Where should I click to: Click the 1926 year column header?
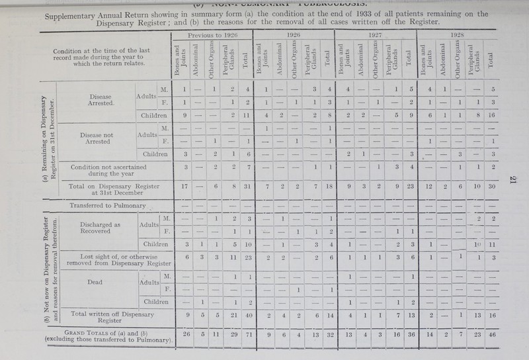pos(295,32)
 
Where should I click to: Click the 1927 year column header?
pos(377,32)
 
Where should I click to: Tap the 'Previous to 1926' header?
pos(212,32)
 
